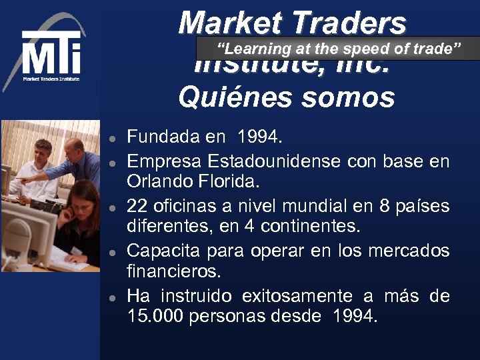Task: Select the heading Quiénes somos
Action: click(x=286, y=97)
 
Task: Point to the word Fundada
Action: click(x=163, y=137)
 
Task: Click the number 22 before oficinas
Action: click(x=137, y=206)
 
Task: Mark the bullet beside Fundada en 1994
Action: click(x=114, y=139)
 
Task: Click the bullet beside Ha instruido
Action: click(x=114, y=297)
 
